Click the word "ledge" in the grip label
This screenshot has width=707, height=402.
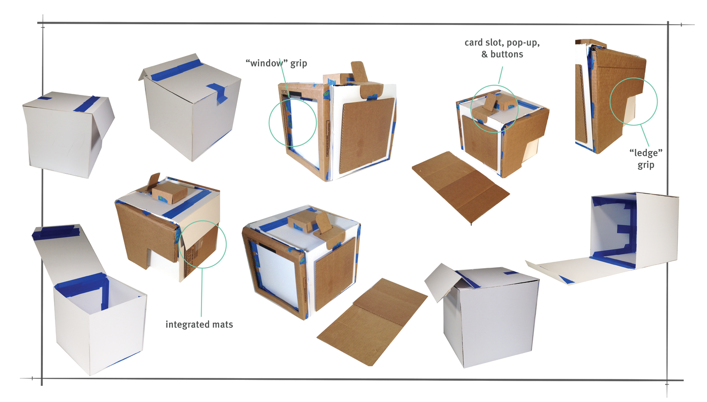tap(646, 153)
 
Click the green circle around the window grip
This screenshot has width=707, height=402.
tap(269, 123)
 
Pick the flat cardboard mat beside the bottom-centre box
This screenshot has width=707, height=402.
tap(373, 322)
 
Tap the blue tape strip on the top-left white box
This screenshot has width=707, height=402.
tap(87, 104)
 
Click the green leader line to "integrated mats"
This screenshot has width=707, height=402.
tap(201, 292)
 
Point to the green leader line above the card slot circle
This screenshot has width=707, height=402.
tap(500, 75)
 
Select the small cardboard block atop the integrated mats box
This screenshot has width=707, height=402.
tap(170, 191)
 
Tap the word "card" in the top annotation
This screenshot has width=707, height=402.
tap(474, 42)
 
